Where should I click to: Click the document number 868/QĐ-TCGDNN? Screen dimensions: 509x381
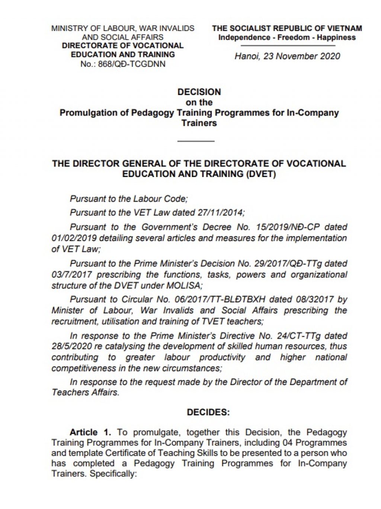coord(132,64)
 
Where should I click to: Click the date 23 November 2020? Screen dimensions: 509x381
coord(302,56)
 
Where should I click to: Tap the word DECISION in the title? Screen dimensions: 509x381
coord(199,92)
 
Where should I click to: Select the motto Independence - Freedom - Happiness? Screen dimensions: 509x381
coord(287,37)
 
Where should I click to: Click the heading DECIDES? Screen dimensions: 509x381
coord(208,412)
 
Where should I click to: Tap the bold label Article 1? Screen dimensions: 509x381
coord(90,432)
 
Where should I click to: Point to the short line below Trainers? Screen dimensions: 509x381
coord(196,141)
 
